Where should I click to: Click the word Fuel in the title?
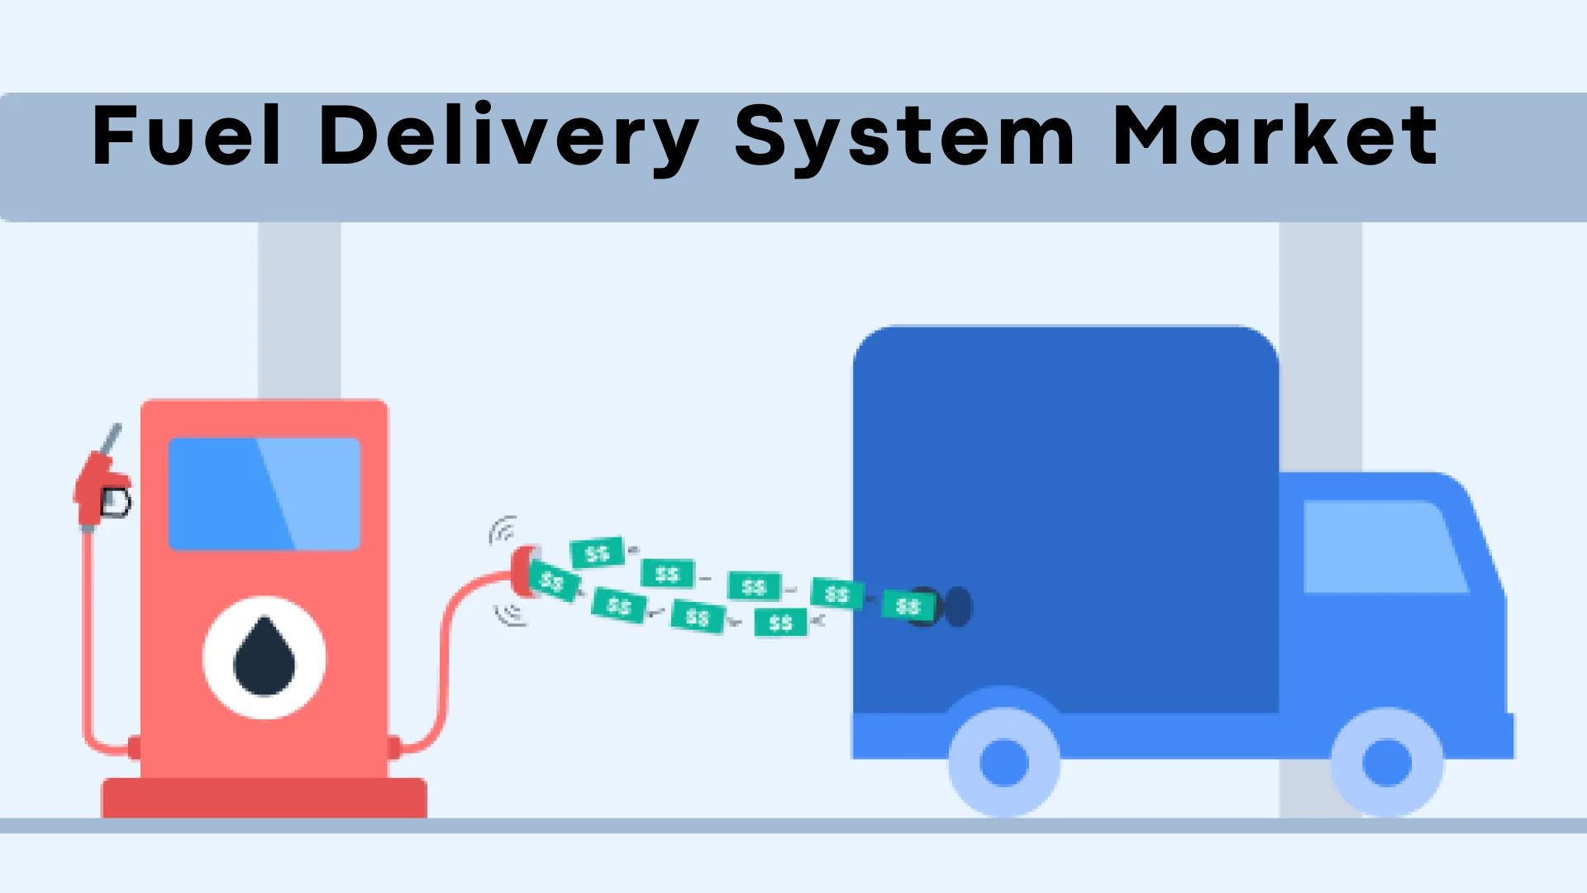point(187,135)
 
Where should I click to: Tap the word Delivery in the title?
point(508,139)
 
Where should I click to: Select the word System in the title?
point(905,139)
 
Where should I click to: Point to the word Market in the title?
point(1275,135)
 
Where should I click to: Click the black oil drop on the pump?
point(264,657)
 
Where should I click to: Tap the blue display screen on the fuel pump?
point(264,494)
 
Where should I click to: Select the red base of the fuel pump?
point(264,798)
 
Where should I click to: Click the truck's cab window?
point(1384,547)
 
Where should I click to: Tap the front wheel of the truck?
point(1387,762)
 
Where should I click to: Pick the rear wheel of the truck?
point(1004,762)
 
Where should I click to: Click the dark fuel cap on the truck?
point(958,607)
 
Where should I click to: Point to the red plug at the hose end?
point(523,570)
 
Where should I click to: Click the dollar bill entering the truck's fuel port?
point(908,606)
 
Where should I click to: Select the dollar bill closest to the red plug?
point(553,582)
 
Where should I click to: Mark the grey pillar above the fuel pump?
point(299,311)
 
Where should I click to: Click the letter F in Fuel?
point(113,135)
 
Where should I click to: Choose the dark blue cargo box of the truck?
point(1066,519)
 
